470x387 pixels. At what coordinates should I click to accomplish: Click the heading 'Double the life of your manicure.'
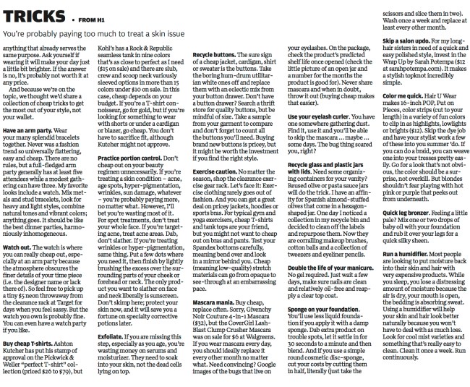pyautogui.click(x=326, y=268)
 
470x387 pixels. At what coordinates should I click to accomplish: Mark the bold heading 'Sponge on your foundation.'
pyautogui.click(x=321, y=310)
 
